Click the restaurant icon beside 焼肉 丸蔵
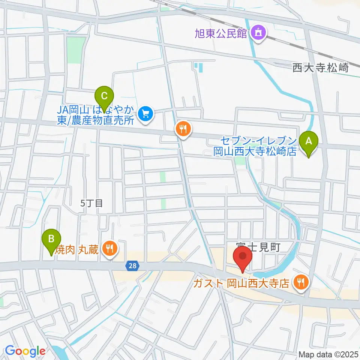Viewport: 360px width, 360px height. coord(109,248)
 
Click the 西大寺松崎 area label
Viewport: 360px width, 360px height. coord(320,68)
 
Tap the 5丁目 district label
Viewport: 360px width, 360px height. coord(91,203)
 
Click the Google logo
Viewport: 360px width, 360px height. coord(25,351)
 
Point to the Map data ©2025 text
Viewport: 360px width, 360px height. coord(328,354)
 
